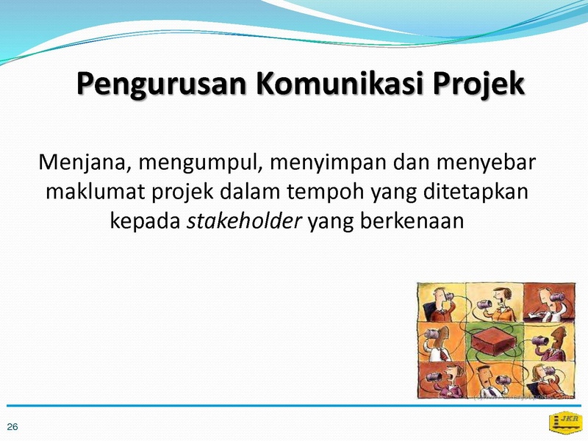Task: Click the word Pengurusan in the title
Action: pyautogui.click(x=162, y=84)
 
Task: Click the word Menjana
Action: pyautogui.click(x=85, y=162)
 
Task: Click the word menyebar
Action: pyautogui.click(x=486, y=163)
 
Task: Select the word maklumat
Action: pyautogui.click(x=95, y=191)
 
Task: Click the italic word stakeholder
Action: pyautogui.click(x=244, y=220)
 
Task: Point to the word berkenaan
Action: pyautogui.click(x=412, y=220)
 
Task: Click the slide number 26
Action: pyautogui.click(x=12, y=427)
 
